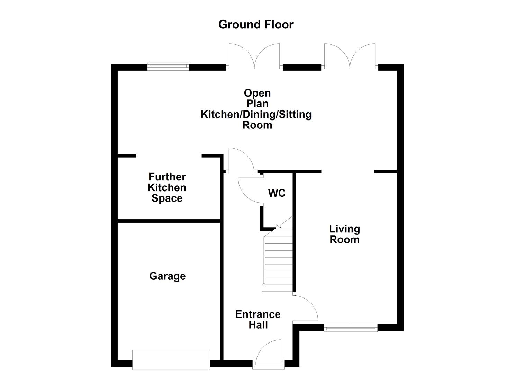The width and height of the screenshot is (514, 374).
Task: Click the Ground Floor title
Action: coord(256,25)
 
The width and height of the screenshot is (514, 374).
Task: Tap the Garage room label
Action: coord(168,276)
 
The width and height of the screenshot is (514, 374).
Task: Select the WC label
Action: coord(277,193)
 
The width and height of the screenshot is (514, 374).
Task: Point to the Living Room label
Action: coord(344,234)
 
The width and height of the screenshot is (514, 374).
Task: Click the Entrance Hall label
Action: coord(258,320)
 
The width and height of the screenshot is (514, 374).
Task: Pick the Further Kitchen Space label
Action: coord(167,188)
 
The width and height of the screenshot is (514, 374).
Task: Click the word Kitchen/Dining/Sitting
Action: coord(256,114)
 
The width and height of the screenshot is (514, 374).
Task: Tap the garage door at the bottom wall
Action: coord(171,360)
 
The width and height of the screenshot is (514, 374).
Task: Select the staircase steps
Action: coord(278,263)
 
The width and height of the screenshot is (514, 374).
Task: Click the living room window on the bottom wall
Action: coord(351,328)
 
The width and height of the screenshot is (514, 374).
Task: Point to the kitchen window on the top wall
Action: coord(168,66)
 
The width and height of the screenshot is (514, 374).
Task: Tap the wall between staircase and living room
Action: coord(295,232)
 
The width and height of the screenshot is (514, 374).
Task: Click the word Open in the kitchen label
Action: coord(257,93)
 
